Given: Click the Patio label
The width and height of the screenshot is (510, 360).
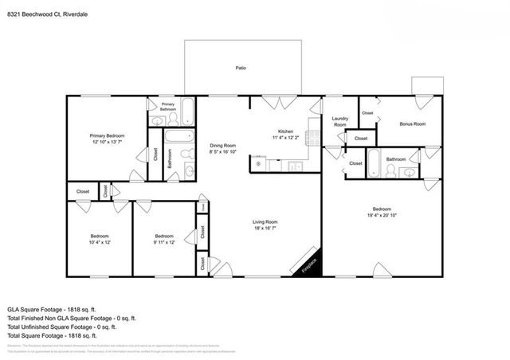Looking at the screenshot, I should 240,68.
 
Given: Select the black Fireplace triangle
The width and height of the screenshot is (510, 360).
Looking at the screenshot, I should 310,268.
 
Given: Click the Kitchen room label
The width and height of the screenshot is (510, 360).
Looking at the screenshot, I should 286,131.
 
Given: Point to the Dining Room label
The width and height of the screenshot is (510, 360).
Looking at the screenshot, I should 223,146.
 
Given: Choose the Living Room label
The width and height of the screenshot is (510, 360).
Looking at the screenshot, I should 265,221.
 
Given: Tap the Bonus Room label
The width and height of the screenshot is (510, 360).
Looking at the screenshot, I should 412,124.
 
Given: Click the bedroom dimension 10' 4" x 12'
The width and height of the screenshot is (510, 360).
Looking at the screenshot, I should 99,242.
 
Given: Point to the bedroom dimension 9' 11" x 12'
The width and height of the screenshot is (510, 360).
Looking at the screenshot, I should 164,242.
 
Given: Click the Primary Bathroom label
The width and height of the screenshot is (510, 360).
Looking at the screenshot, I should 168,106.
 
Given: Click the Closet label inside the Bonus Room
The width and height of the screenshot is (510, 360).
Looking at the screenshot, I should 367,113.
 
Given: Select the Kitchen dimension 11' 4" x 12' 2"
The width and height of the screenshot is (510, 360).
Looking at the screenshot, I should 286,139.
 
